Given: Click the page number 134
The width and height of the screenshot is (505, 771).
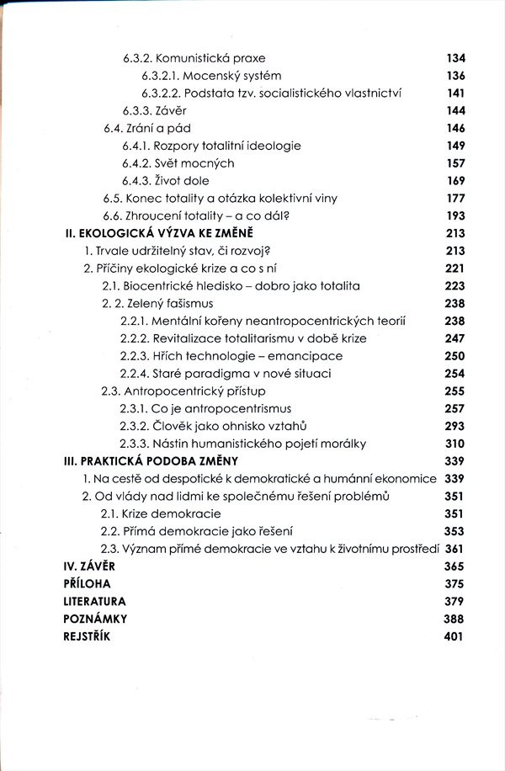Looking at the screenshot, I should pyautogui.click(x=455, y=59).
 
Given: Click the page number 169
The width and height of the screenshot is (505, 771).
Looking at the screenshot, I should pyautogui.click(x=455, y=180).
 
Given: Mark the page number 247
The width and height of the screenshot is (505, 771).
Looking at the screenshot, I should pyautogui.click(x=455, y=338).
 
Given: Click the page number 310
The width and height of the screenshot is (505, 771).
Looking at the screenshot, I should pyautogui.click(x=455, y=444).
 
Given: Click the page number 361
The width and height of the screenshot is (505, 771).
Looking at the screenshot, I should pyautogui.click(x=455, y=549).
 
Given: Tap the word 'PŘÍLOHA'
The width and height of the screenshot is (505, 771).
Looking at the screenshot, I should pyautogui.click(x=87, y=584).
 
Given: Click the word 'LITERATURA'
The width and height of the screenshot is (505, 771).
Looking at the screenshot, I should pyautogui.click(x=95, y=602).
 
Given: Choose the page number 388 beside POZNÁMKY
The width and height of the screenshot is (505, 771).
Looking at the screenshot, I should pyautogui.click(x=455, y=619).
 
